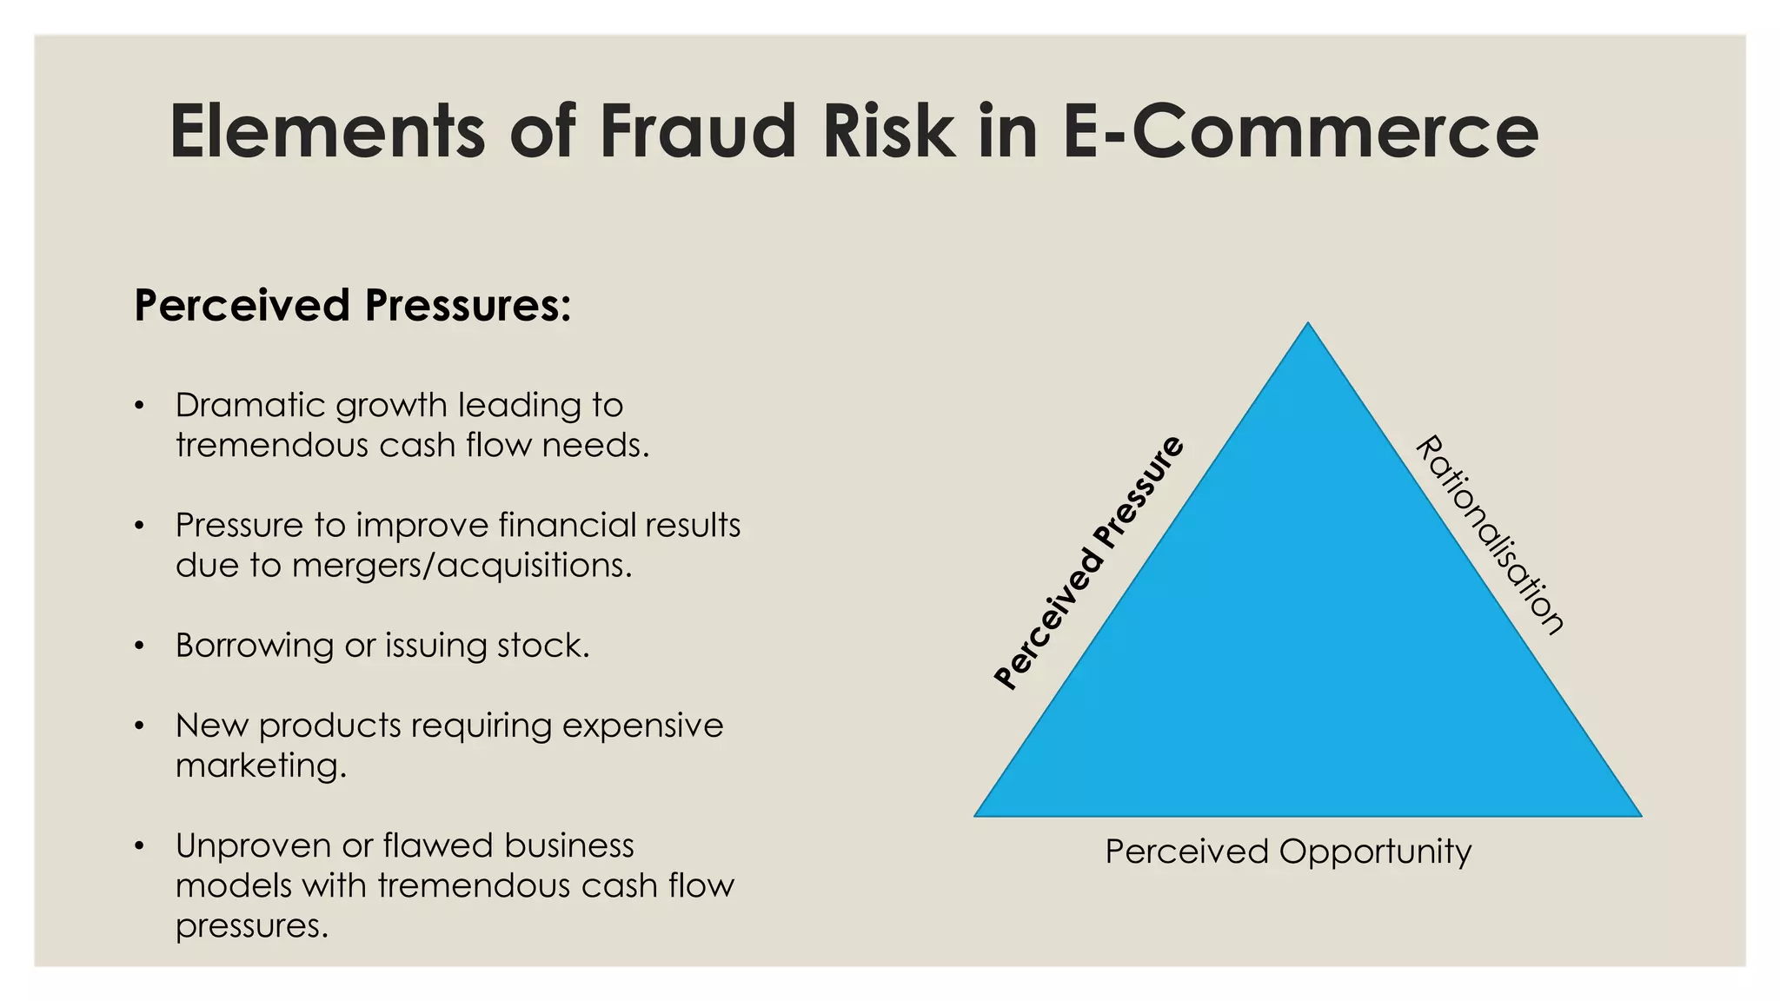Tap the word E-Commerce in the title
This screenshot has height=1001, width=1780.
[x=1300, y=131]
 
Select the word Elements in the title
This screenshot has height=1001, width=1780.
[x=326, y=131]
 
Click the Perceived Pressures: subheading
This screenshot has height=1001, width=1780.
[x=352, y=306]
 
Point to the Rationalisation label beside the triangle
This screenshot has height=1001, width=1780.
[x=1490, y=534]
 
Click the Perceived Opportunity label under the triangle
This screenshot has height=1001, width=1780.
[x=1288, y=852]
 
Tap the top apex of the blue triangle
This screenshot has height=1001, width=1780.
[x=1307, y=325]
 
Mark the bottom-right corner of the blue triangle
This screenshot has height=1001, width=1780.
[x=1639, y=815]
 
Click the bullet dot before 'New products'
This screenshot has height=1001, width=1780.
[x=139, y=726]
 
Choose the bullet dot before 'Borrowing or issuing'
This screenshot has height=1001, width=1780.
[x=139, y=646]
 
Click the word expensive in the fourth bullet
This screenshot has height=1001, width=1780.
[x=642, y=726]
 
